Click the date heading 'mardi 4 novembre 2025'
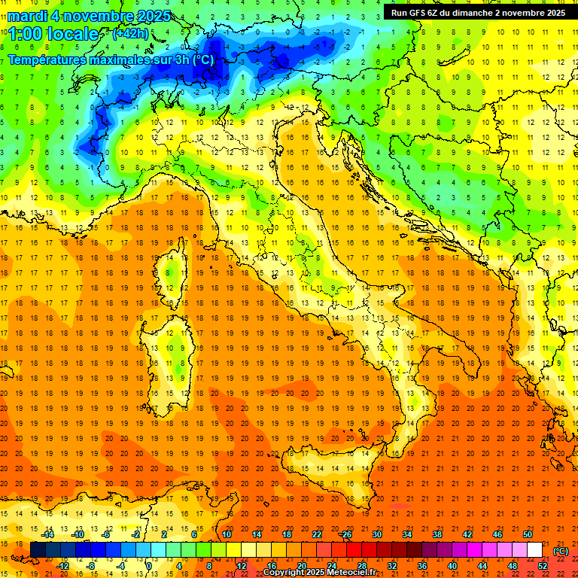pos(90,16)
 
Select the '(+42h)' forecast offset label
pos(130,33)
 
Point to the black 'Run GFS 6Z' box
pos(477,13)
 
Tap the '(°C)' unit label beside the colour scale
pos(561,551)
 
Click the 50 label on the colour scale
pos(527,534)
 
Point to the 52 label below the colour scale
pos(542,566)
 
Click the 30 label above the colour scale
pos(376,534)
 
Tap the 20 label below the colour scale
pos(301,566)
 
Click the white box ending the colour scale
pos(534,550)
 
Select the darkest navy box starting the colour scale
pos(38,550)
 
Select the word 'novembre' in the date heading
pos(103,16)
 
